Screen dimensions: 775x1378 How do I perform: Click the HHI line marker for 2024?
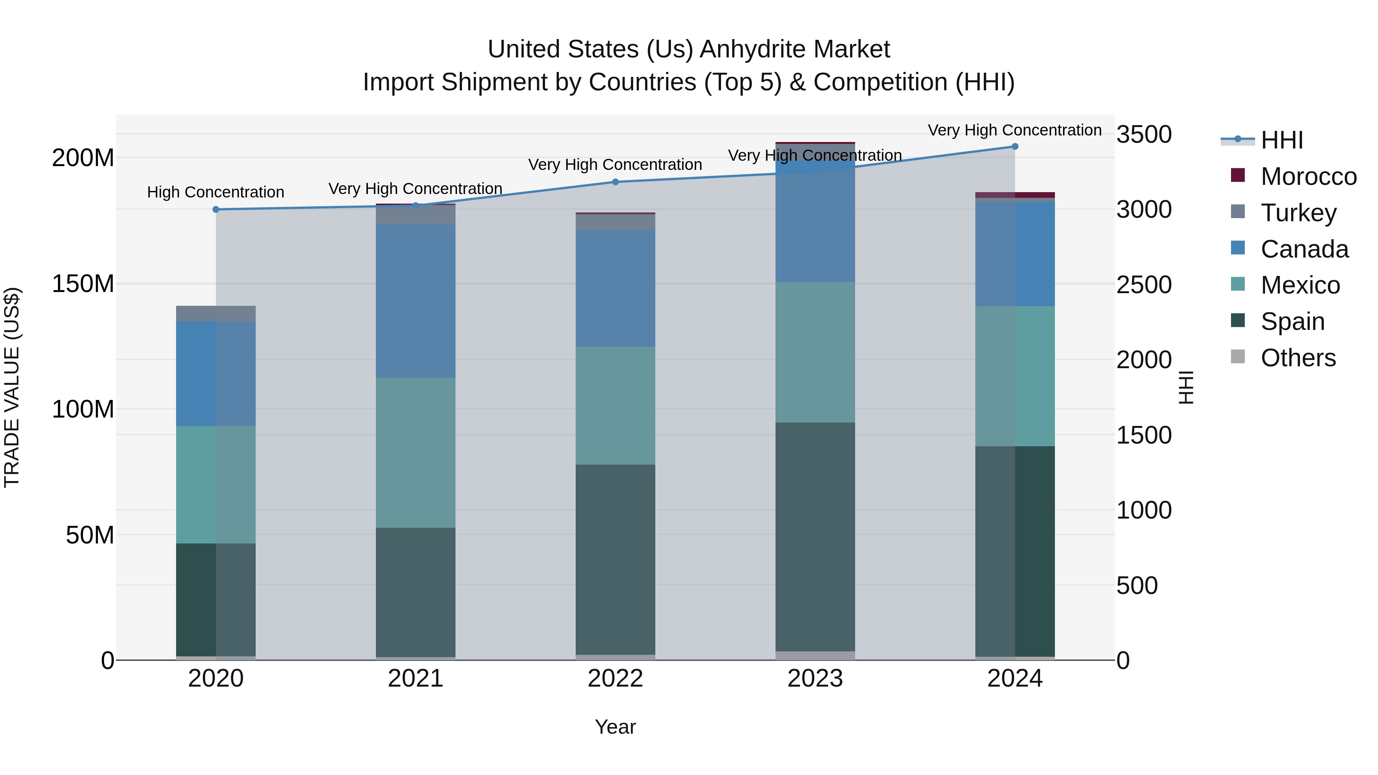(1015, 147)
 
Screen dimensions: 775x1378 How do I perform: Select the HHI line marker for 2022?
(615, 182)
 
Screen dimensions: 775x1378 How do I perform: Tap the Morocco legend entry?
(1308, 176)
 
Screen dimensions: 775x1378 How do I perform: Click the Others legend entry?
(1298, 358)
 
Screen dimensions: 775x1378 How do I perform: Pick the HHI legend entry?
(1281, 140)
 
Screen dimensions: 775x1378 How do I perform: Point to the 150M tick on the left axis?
(83, 284)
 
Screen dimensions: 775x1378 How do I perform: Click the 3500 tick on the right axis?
(1144, 134)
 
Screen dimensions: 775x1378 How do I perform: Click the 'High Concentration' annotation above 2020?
(216, 192)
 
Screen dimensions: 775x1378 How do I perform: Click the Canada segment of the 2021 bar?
(416, 301)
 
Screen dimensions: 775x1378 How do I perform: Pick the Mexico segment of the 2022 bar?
(615, 405)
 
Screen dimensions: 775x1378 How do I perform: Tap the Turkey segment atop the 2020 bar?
(216, 313)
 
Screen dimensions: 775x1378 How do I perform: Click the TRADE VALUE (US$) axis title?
(12, 387)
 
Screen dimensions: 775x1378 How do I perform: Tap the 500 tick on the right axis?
(1137, 586)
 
